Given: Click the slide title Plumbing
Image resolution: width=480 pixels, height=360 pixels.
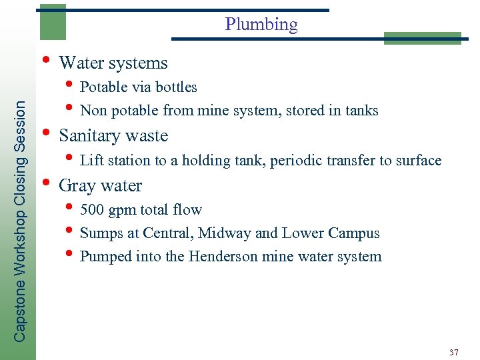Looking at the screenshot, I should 261,25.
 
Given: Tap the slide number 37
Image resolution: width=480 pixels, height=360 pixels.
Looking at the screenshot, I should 454,351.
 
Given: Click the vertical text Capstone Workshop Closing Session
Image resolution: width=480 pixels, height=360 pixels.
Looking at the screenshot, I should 21,221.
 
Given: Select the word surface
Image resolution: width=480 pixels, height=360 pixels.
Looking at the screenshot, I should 419,160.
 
